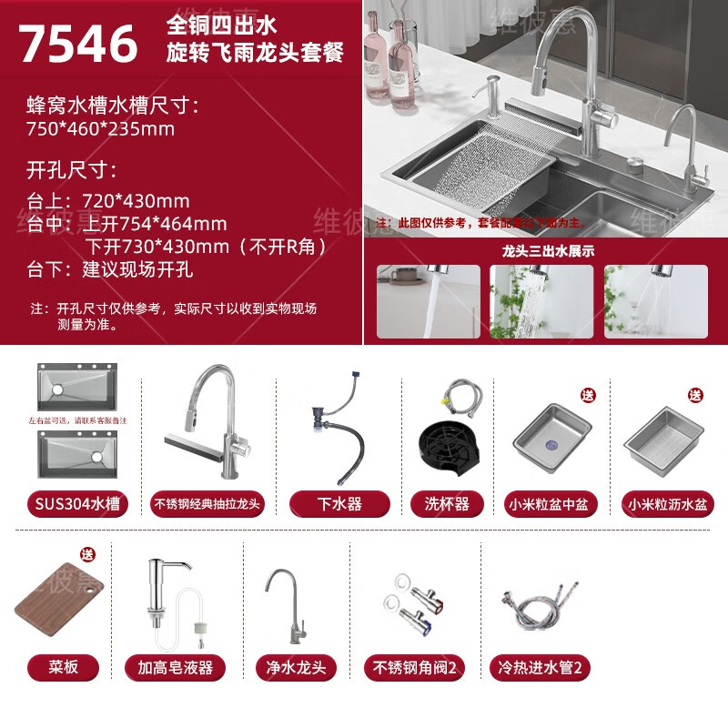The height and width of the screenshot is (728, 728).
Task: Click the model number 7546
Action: (79, 43)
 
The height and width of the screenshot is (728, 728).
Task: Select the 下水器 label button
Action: (339, 503)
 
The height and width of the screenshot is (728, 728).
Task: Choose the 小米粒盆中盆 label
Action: (553, 503)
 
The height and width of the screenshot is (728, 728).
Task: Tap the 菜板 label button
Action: (65, 667)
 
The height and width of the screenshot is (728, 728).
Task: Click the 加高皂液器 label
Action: (176, 667)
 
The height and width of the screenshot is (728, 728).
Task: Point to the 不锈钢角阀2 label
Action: (414, 667)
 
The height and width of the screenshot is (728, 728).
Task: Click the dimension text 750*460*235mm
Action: (100, 128)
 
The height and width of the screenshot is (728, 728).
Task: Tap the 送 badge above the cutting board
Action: (87, 554)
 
